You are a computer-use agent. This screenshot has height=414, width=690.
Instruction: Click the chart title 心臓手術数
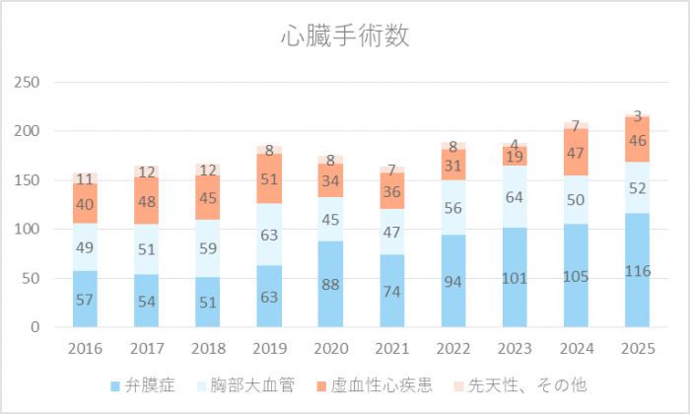344,37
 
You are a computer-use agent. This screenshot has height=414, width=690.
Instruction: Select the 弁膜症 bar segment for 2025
638,270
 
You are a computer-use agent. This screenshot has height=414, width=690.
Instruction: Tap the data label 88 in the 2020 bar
330,284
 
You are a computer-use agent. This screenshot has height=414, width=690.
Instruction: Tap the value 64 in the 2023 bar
515,197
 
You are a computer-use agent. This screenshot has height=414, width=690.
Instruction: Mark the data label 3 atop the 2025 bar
638,116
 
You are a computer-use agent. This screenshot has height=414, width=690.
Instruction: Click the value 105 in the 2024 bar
577,275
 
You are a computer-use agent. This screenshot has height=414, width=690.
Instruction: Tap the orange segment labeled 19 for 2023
515,156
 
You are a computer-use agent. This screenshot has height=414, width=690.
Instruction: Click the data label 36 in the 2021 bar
392,191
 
